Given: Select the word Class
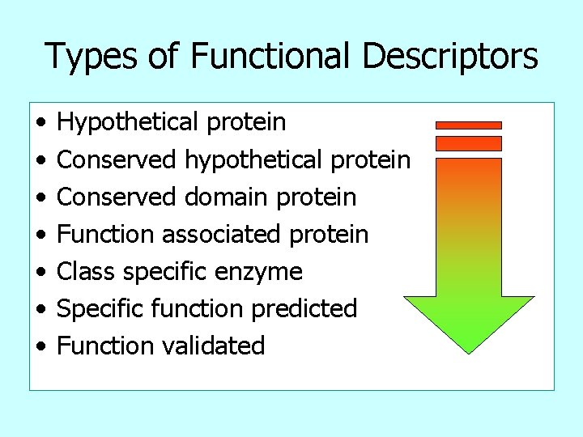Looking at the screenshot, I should tap(84, 272).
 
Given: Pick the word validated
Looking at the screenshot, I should tap(214, 346).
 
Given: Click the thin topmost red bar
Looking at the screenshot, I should tap(469, 125).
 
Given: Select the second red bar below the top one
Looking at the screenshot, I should tap(469, 143).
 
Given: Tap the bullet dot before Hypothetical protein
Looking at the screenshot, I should tap(40, 124).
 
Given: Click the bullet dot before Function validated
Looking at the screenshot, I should tap(40, 347).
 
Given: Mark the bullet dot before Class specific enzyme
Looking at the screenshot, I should tap(40, 273).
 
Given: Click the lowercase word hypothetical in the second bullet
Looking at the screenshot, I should tap(255, 160).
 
